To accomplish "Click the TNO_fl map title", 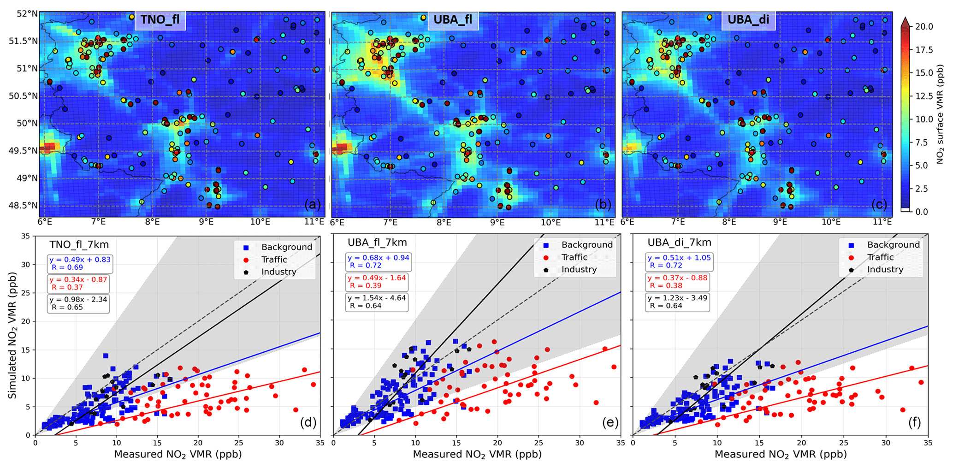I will click(x=160, y=20).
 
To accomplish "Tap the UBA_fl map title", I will click(x=453, y=20).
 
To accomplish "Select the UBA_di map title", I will click(x=748, y=20).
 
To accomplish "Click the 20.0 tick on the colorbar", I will click(x=924, y=27).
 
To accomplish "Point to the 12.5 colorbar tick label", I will click(x=924, y=96).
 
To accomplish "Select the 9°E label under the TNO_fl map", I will click(x=206, y=222).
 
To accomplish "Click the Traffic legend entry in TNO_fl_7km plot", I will click(x=274, y=260).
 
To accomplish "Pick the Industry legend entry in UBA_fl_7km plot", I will click(x=579, y=270).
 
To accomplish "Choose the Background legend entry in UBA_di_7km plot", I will click(x=893, y=245).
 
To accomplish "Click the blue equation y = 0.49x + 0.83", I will click(x=80, y=260).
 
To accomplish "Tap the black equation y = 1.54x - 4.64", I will click(x=377, y=298).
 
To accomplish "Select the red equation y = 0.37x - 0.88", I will click(x=677, y=278).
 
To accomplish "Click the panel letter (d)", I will click(x=308, y=422).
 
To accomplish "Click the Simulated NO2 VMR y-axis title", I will click(x=12, y=335).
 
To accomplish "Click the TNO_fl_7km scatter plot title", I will click(x=79, y=244).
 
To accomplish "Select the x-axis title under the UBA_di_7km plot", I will click(x=781, y=455).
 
